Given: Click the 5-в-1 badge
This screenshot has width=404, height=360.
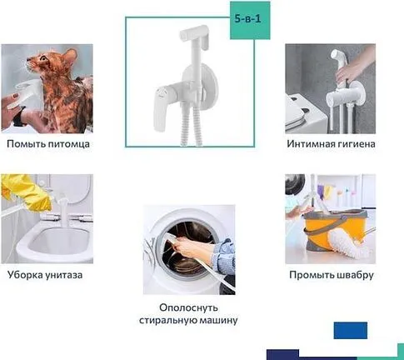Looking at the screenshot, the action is click(250, 20).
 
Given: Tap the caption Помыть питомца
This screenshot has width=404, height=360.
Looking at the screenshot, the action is click(48, 144).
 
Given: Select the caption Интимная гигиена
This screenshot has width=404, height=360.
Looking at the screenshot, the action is click(331, 144).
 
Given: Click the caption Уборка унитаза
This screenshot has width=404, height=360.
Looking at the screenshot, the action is click(45, 275).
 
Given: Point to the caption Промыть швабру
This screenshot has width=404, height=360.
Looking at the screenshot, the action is click(332, 275).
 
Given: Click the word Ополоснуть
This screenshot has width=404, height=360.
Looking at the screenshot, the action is click(188, 307).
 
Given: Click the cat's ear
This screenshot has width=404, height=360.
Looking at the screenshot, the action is click(71, 55).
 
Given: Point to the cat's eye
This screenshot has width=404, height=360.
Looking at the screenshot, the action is click(43, 58).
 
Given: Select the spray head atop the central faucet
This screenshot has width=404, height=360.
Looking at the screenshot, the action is click(194, 35).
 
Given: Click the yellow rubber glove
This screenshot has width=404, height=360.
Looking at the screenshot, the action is click(27, 192).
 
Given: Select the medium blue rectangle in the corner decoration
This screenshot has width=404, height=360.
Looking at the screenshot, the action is click(351, 331).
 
